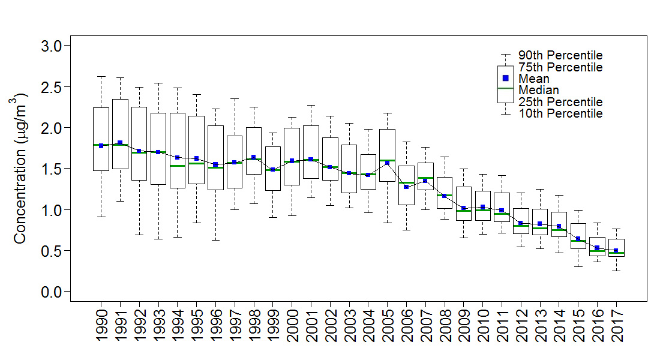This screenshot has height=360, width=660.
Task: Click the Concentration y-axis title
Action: click(x=20, y=168)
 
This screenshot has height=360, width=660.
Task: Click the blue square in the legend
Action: click(x=505, y=78)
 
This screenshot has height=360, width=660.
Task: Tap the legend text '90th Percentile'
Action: click(x=560, y=56)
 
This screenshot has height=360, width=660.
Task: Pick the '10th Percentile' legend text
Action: click(x=560, y=113)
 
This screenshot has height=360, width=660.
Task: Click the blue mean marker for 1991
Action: click(x=120, y=143)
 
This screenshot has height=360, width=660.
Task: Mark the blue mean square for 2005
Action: click(x=387, y=163)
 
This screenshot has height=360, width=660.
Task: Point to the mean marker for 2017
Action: click(x=616, y=250)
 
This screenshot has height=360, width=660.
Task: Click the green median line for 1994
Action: click(x=177, y=166)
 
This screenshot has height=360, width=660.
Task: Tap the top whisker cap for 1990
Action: click(x=101, y=76)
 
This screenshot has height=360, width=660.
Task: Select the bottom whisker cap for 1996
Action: click(x=215, y=240)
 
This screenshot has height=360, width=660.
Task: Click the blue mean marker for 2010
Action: click(x=482, y=207)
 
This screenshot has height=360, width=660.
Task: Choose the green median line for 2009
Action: click(x=463, y=211)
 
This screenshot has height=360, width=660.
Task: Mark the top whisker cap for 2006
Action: click(x=406, y=142)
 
